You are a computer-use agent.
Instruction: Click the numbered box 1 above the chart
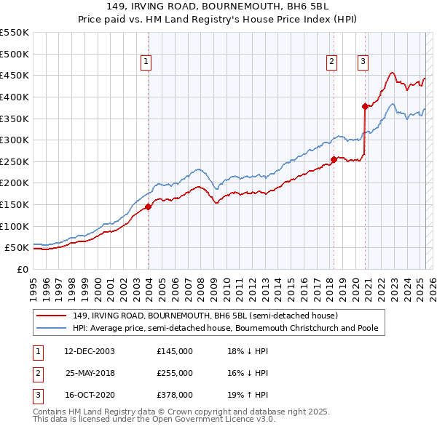pyautogui.click(x=146, y=62)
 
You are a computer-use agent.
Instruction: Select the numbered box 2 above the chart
pyautogui.click(x=331, y=62)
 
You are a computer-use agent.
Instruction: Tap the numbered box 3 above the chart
pyautogui.click(x=362, y=62)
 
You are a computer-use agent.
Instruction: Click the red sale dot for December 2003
pyautogui.click(x=148, y=207)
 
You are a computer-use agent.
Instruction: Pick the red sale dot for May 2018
pyautogui.click(x=334, y=159)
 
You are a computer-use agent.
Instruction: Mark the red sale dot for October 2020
pyautogui.click(x=365, y=106)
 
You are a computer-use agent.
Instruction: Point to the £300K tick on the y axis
pyautogui.click(x=15, y=140)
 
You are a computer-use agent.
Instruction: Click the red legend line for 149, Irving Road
pyautogui.click(x=52, y=316)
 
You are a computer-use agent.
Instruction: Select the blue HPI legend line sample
pyautogui.click(x=52, y=329)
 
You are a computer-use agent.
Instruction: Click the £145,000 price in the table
pyautogui.click(x=175, y=351)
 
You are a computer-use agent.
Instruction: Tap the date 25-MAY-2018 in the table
pyautogui.click(x=90, y=373)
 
